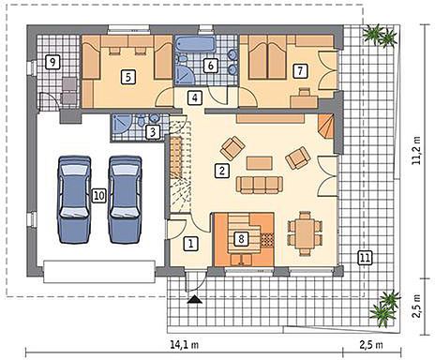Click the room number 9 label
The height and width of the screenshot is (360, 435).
(52, 62)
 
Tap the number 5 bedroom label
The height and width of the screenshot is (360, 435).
(128, 77)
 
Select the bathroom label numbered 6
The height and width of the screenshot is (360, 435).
(210, 66)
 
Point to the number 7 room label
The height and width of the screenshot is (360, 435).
(300, 70)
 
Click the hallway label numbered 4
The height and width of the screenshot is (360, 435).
(195, 97)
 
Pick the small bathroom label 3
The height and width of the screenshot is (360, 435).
(153, 132)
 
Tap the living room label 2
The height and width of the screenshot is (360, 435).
(222, 171)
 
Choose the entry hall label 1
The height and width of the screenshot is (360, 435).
(191, 244)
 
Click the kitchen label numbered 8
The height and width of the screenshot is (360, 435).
(241, 239)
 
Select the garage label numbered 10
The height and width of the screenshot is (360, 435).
(99, 196)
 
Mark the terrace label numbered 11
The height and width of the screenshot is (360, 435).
(365, 258)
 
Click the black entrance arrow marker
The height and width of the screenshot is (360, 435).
(194, 299)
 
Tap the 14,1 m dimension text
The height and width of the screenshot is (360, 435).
(185, 345)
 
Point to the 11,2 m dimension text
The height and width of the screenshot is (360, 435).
(416, 150)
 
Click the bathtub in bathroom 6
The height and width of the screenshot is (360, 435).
(196, 44)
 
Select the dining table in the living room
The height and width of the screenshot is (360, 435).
(305, 233)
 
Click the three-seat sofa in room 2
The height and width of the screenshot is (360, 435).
(260, 185)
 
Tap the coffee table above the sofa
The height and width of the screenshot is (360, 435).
(259, 163)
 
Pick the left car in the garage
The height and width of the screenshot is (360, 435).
(74, 200)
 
